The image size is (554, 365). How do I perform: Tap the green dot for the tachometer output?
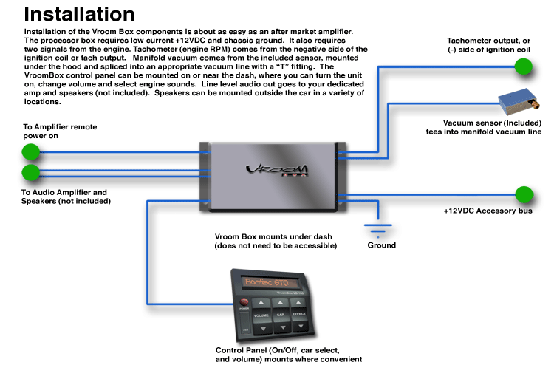524,66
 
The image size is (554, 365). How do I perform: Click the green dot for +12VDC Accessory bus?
524,195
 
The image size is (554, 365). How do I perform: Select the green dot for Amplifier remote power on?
30,152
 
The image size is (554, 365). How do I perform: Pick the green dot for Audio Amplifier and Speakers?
30,173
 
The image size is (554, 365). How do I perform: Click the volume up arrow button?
261,303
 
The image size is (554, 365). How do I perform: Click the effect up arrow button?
299,303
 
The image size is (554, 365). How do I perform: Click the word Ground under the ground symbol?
381,245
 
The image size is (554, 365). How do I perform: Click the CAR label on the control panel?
279,315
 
